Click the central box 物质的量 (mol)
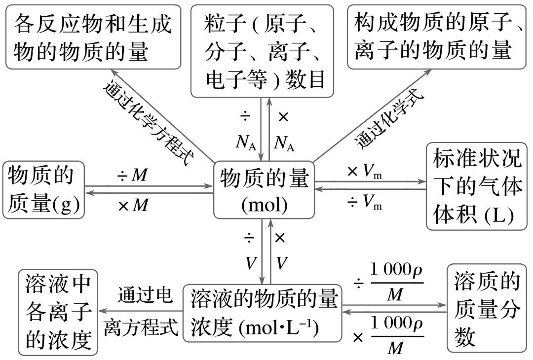[264, 189]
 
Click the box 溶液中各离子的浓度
[58, 312]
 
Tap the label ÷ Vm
[365, 203]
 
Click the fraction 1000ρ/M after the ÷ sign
[397, 285]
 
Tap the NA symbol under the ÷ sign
[245, 143]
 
